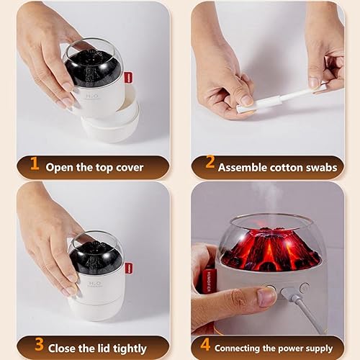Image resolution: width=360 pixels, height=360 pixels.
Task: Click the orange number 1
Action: click(x=34, y=166)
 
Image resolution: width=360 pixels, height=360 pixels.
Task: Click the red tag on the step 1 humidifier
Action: click(x=128, y=77)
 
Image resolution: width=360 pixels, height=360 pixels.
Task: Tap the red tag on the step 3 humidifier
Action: click(x=128, y=268)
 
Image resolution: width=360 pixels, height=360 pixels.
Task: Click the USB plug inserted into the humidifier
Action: click(x=289, y=293)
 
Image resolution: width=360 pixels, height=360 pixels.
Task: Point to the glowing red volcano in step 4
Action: click(x=270, y=248)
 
